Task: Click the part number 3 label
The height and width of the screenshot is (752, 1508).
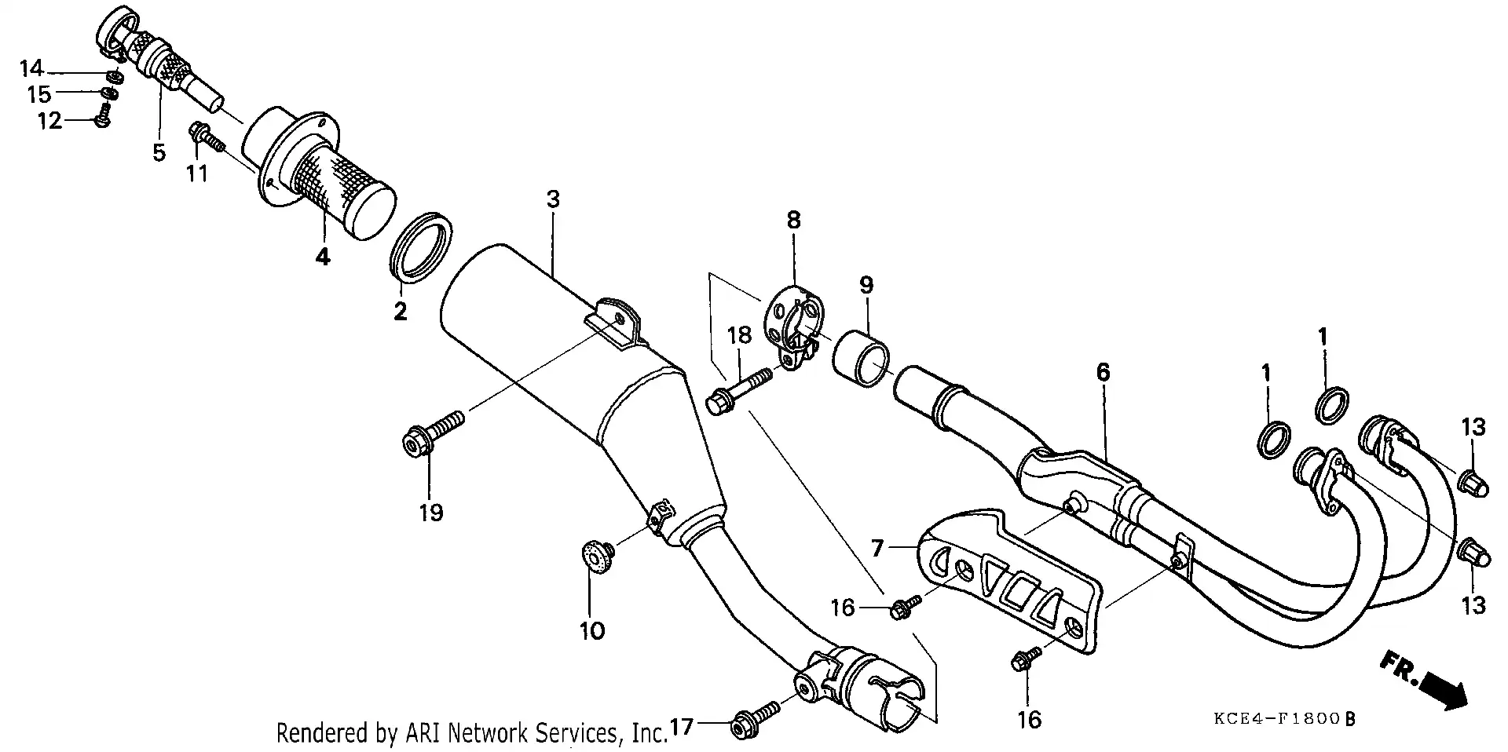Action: coord(553,199)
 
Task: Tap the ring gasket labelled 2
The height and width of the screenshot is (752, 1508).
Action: coord(422,245)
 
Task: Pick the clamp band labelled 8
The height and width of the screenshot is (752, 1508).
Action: coord(792,322)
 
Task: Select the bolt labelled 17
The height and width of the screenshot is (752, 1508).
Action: coord(754,720)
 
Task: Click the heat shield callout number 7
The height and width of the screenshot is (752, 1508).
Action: coord(878,546)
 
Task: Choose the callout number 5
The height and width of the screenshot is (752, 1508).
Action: coord(159,152)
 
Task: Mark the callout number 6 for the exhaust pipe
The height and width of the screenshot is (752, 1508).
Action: coord(1103,372)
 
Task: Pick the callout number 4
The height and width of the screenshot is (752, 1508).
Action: coord(323,257)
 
